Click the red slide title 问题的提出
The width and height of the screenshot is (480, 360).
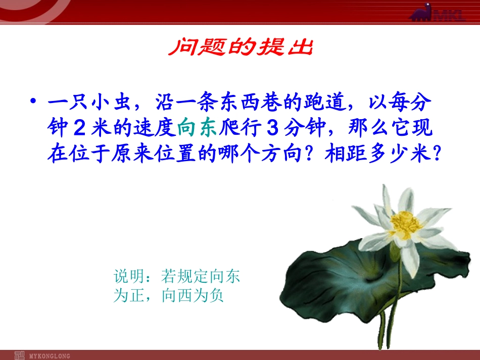tap(241, 48)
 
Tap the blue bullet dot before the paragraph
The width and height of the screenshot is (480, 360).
tap(33, 102)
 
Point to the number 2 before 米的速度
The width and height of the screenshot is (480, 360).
tap(78, 129)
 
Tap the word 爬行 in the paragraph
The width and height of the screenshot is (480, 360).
tap(240, 129)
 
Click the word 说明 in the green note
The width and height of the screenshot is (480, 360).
tap(128, 276)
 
